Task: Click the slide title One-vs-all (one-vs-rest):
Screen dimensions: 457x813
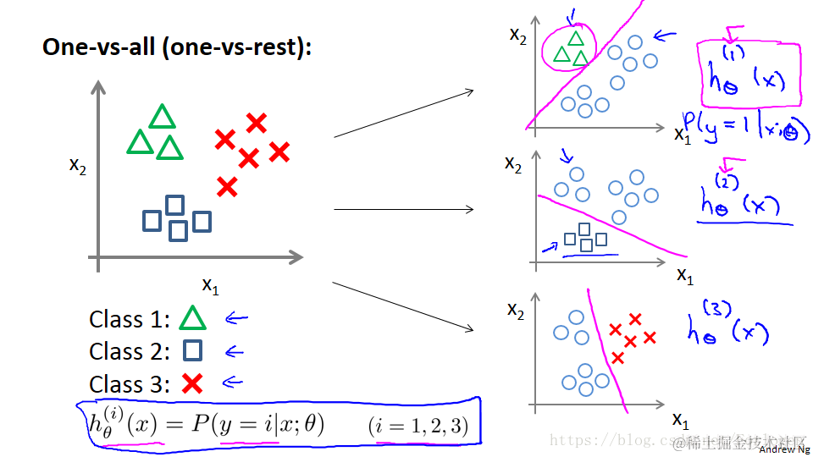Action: (x=177, y=47)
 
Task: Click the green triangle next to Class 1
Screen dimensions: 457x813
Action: (x=193, y=318)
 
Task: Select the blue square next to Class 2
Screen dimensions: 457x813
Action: (x=193, y=350)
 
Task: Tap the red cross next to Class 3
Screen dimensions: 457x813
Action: (x=193, y=383)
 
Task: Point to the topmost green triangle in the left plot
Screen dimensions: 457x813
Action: (x=161, y=117)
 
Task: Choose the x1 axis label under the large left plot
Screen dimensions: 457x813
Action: (x=209, y=285)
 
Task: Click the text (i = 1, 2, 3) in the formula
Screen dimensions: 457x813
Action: (x=418, y=425)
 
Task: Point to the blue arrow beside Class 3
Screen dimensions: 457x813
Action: (x=232, y=383)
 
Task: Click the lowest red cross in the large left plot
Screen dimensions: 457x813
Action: (x=226, y=186)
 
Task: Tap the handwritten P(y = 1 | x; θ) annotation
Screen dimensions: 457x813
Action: (x=745, y=128)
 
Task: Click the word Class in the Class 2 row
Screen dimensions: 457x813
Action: (x=115, y=351)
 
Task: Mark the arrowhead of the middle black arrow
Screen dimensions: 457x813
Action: (x=471, y=209)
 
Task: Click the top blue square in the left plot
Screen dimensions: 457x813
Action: (x=174, y=205)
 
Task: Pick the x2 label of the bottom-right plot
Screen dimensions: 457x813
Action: (x=515, y=310)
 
